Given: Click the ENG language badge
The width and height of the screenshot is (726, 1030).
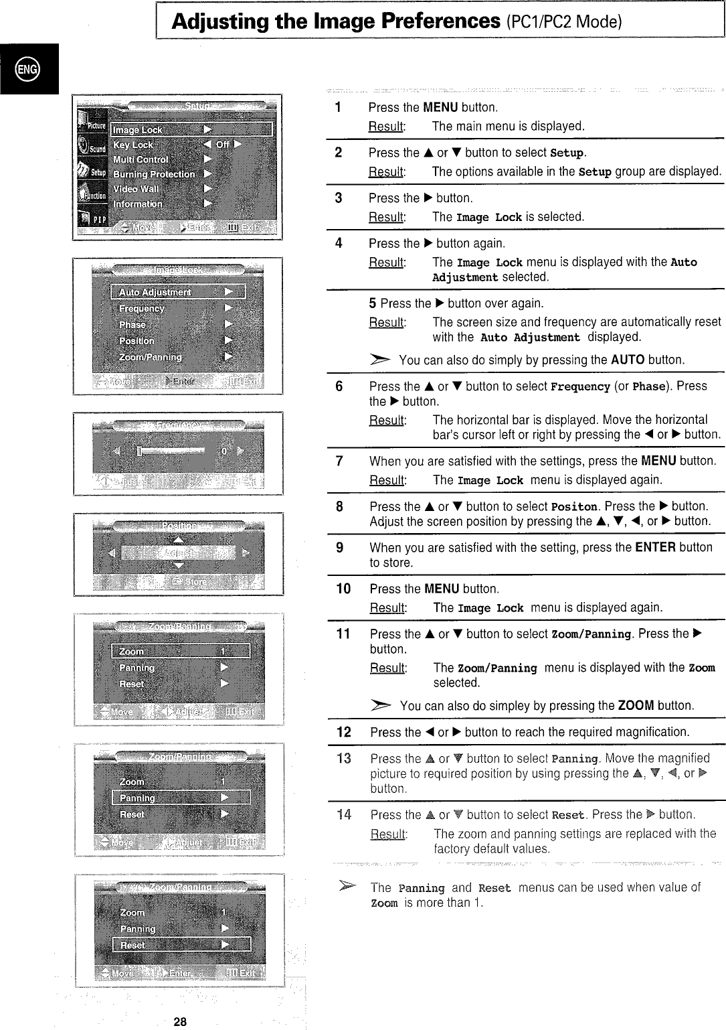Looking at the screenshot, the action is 29,69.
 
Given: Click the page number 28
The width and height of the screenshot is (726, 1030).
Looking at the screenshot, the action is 180,1021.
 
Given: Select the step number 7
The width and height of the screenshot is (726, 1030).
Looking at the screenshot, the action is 339,461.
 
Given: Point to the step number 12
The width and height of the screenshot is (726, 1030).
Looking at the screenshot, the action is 344,732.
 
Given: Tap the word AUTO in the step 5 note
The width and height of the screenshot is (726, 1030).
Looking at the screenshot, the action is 628,360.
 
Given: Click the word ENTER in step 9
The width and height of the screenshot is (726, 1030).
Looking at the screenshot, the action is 655,547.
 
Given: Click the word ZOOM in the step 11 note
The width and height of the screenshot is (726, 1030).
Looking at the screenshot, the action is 636,705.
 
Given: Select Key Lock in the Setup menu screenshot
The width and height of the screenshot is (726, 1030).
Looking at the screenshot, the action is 133,145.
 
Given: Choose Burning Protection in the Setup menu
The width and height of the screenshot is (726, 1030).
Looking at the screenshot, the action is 154,174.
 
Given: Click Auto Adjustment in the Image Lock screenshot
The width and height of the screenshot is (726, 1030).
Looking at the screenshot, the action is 155,292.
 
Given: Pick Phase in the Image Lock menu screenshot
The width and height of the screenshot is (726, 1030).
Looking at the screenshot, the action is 132,324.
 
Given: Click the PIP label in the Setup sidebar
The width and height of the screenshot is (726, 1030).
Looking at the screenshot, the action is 99,220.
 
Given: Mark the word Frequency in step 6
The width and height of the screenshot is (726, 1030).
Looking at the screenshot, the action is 580,386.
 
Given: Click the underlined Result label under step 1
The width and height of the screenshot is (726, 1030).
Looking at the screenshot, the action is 386,127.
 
